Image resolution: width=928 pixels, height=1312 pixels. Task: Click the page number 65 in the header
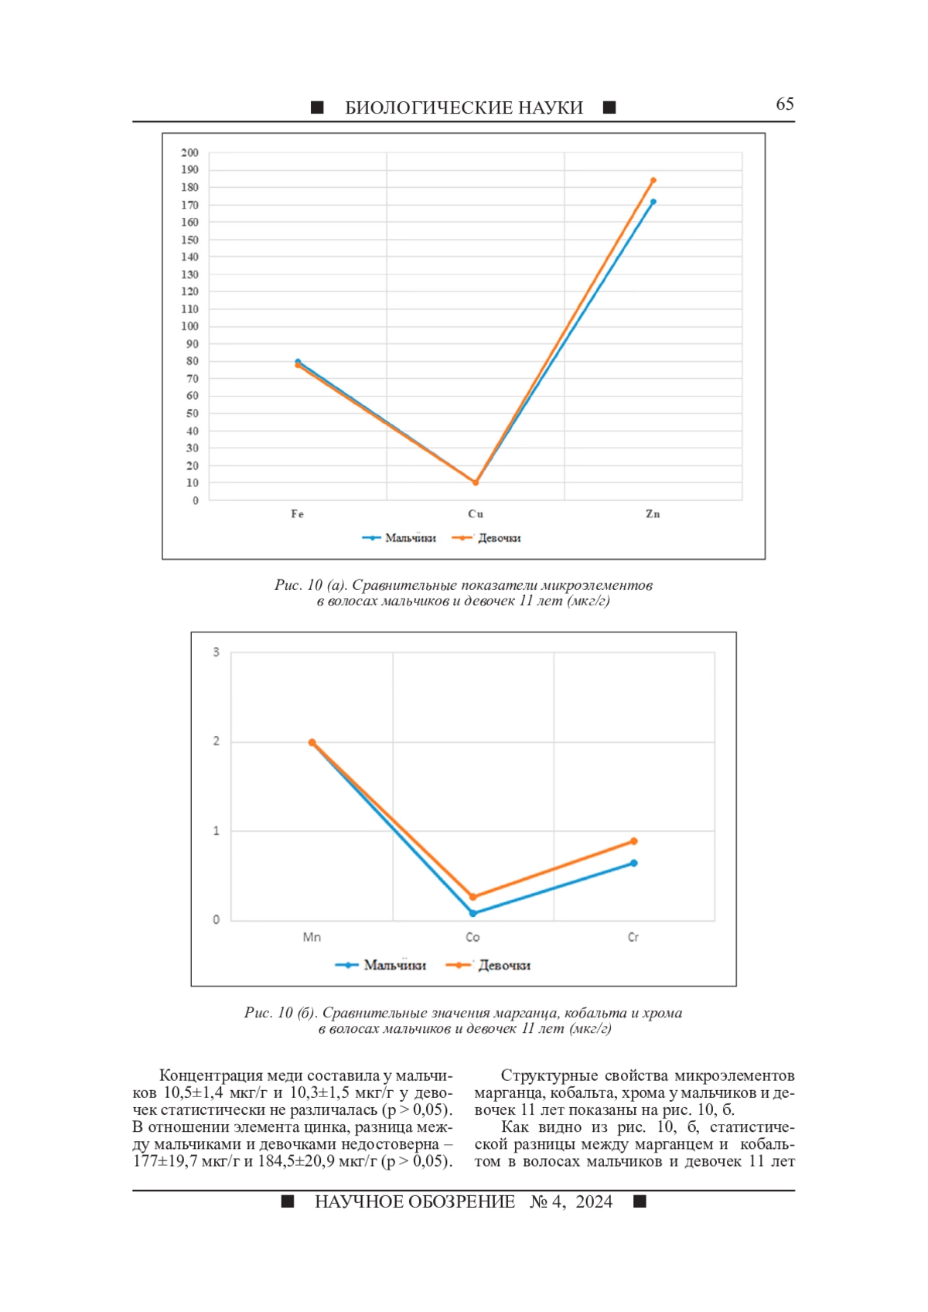pos(784,104)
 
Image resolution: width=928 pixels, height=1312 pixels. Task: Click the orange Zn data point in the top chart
pos(653,180)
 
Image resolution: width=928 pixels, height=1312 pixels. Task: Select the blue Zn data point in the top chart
pos(653,202)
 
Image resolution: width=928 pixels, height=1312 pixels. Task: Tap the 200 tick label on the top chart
pos(189,152)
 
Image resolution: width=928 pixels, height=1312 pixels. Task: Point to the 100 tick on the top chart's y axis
pos(189,326)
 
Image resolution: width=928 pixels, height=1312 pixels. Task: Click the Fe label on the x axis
pos(298,514)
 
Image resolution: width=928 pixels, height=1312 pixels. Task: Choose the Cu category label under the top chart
pos(475,514)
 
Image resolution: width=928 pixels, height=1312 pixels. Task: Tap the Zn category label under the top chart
pos(653,514)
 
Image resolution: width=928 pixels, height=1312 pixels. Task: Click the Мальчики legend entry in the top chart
pos(400,538)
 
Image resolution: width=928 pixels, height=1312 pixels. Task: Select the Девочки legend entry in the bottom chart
pos(489,966)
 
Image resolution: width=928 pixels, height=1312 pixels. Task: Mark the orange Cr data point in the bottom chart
pos(634,841)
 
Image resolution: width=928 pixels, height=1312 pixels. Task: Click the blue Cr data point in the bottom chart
pos(634,863)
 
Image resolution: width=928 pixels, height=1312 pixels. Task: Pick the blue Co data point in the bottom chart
pos(473,913)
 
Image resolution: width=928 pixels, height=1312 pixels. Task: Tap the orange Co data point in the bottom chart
pos(473,897)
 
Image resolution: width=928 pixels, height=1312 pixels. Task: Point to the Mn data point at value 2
pos(312,742)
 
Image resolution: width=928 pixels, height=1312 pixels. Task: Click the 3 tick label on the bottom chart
pos(217,652)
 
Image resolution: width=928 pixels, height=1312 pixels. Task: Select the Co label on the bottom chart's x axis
pos(473,937)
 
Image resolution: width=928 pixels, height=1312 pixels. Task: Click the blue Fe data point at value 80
pos(298,361)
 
